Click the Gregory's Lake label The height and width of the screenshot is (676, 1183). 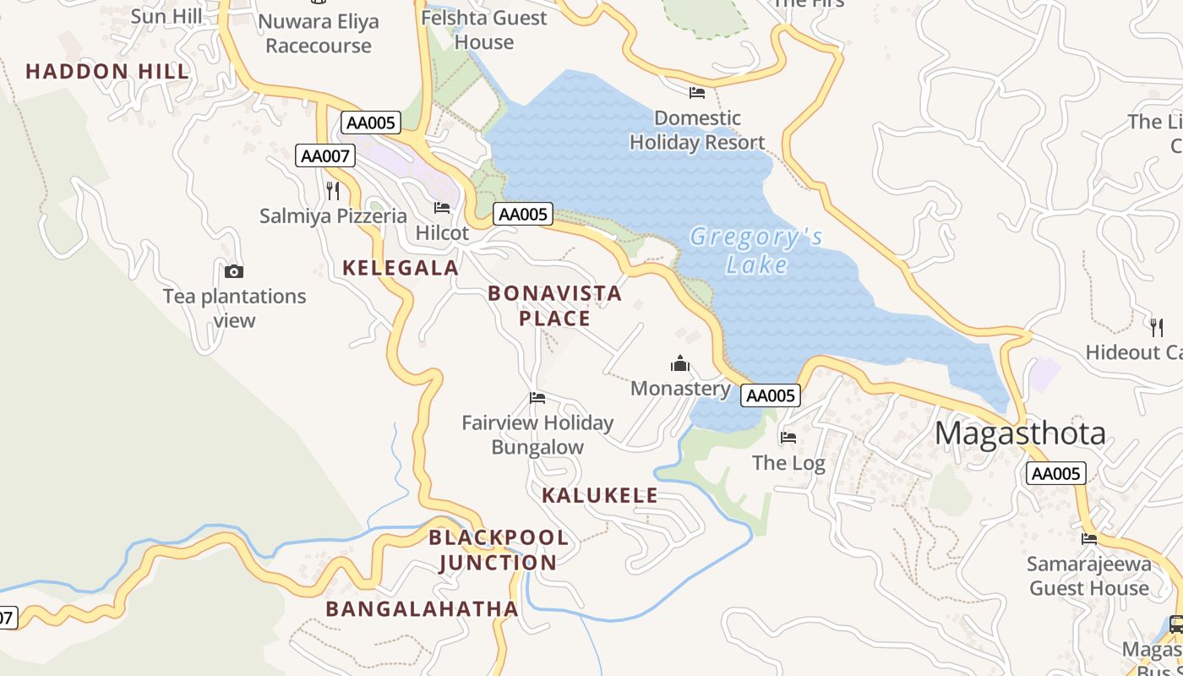756,251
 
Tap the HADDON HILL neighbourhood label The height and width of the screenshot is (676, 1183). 107,72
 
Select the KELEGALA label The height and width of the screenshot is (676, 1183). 401,268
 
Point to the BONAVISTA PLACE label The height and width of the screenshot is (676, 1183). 554,306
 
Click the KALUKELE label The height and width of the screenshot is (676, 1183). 600,495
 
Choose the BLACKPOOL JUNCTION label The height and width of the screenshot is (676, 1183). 499,550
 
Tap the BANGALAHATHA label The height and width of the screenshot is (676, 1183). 422,608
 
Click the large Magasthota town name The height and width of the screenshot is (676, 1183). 1020,433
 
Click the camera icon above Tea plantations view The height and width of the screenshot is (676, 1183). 234,271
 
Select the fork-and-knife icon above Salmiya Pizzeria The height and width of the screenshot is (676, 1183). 333,190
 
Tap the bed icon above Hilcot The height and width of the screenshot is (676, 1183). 442,208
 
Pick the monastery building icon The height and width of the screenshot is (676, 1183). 680,364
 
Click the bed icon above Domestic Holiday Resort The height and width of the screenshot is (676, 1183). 697,92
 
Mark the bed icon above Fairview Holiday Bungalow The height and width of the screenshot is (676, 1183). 537,398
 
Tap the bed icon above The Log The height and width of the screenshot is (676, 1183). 788,438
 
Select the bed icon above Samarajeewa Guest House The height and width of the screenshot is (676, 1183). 1089,538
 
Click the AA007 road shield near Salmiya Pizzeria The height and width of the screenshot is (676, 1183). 325,155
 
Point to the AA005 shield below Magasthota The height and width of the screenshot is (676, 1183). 1056,473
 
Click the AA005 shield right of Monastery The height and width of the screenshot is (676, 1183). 771,395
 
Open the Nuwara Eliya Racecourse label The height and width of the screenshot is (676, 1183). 319,34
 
